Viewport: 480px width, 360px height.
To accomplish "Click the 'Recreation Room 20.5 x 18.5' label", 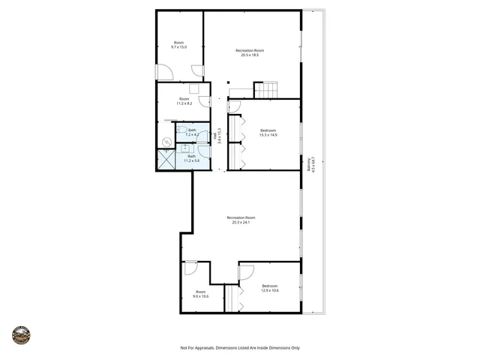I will (x=253, y=52).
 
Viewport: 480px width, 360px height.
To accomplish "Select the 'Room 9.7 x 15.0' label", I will (x=178, y=45).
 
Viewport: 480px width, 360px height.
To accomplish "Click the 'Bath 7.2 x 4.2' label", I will (x=193, y=132).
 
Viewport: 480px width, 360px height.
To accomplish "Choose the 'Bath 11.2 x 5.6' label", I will (x=191, y=158).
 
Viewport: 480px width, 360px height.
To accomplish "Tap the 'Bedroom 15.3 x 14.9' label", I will (x=268, y=133).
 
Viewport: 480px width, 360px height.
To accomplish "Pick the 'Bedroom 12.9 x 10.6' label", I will (x=270, y=288).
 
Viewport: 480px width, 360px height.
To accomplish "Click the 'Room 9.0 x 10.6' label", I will (x=200, y=294).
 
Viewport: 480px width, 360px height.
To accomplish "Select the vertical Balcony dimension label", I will (x=310, y=165).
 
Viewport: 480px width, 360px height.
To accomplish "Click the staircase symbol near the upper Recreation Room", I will (x=265, y=90).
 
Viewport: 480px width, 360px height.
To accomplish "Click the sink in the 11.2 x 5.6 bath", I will (x=203, y=152).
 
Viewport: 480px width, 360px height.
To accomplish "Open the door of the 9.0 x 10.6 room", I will (x=190, y=266).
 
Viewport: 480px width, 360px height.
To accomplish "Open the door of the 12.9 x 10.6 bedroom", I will (x=245, y=271).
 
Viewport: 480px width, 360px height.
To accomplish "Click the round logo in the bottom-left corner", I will (x=21, y=334).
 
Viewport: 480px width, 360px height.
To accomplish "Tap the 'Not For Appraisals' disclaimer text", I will (x=240, y=348).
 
